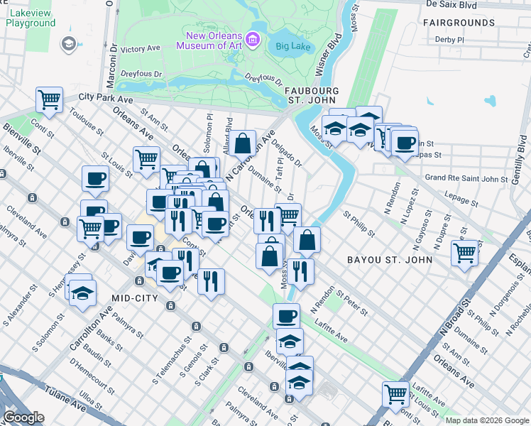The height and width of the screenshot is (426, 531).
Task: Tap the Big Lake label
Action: [291, 48]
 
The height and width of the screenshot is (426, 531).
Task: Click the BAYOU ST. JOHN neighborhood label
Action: [389, 260]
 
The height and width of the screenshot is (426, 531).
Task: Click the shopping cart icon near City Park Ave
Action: [49, 100]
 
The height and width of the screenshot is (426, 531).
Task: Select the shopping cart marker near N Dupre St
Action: [464, 251]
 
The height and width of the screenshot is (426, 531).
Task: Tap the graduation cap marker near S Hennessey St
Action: [83, 292]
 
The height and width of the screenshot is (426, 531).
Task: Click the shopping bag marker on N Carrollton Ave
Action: [242, 143]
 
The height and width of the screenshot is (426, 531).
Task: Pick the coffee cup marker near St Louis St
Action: [95, 179]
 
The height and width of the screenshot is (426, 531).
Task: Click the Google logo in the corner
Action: [23, 417]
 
